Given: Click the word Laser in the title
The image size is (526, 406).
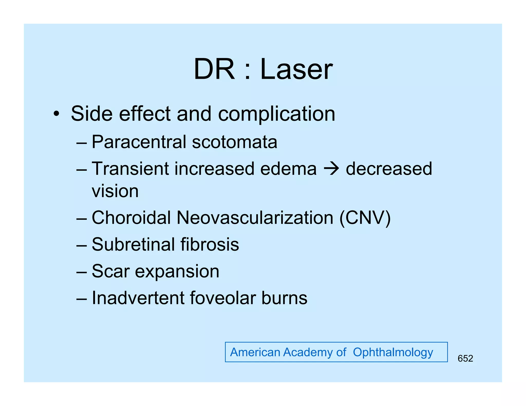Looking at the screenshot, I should [x=296, y=69].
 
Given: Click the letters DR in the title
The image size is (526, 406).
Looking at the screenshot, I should [x=214, y=69].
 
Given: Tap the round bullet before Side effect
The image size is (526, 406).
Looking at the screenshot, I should [x=56, y=114].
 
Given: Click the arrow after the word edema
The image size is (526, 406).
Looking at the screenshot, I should [x=331, y=169].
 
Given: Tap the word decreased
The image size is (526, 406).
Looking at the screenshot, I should [x=389, y=169].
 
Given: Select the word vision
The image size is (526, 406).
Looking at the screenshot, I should [x=115, y=191].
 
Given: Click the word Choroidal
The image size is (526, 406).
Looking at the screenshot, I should [x=131, y=218].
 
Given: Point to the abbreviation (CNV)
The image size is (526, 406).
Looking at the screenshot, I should [x=365, y=218].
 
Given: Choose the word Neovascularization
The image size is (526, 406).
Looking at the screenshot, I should [x=255, y=218].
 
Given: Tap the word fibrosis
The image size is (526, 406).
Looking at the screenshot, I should [x=210, y=244].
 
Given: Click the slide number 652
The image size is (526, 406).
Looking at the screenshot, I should [x=465, y=358].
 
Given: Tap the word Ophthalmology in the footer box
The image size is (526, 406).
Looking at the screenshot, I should [x=393, y=352].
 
